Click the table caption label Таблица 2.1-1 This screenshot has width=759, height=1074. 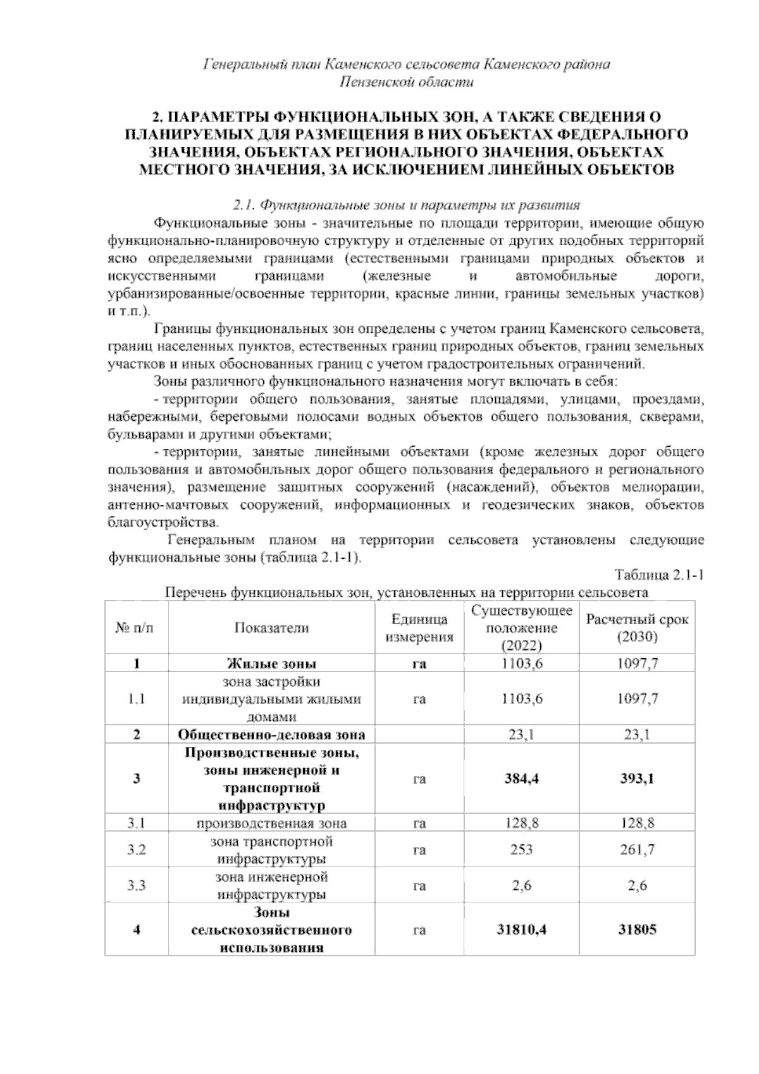[x=660, y=575]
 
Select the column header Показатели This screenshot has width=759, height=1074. [x=271, y=627]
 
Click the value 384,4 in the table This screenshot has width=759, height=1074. [x=522, y=778]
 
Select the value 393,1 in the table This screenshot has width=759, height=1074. [x=637, y=778]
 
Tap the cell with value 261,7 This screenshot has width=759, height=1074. [x=637, y=850]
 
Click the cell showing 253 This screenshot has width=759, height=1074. [x=522, y=850]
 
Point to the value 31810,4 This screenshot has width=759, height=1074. [x=522, y=930]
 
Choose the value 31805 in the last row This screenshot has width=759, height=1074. [x=637, y=930]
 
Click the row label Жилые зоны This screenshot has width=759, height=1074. [x=271, y=663]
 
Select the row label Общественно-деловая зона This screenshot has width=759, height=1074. [x=271, y=735]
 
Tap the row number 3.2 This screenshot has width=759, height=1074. [x=137, y=850]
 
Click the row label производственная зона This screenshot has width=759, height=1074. [x=271, y=823]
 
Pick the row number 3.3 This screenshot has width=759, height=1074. [x=137, y=885]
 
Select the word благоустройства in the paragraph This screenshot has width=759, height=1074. [x=164, y=523]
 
